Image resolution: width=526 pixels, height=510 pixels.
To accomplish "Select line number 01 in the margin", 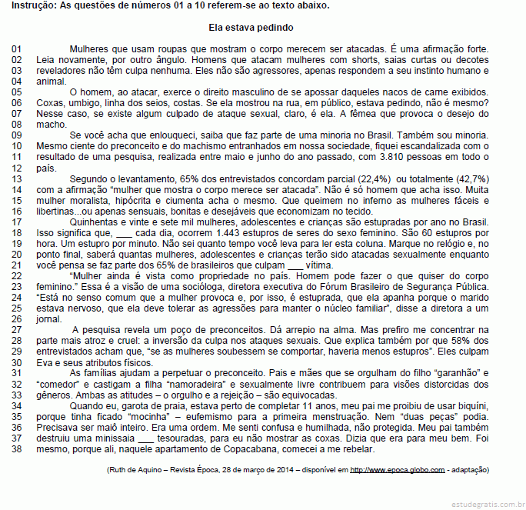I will coord(18,49).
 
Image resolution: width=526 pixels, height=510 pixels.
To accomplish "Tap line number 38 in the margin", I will coord(18,448).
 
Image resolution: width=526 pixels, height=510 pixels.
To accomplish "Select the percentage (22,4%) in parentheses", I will coord(371,178).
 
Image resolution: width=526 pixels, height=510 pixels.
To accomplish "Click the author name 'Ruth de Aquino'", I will coord(135,469).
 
